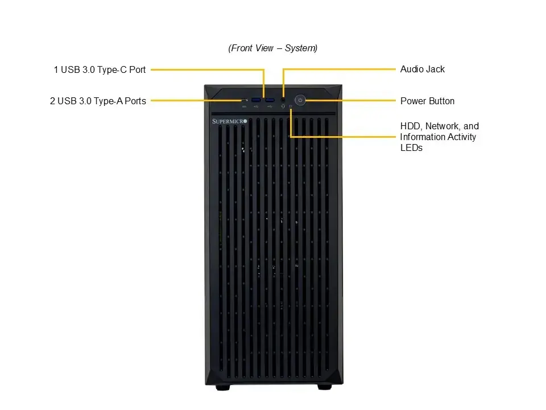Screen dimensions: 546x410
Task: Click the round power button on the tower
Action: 300,100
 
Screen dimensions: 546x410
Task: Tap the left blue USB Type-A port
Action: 256,100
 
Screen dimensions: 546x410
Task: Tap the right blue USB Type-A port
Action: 270,100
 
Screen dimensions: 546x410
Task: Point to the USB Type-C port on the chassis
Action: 245,101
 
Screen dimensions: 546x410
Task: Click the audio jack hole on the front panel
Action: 283,100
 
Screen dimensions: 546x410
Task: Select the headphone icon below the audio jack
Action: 283,106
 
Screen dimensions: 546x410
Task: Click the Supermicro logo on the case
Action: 229,121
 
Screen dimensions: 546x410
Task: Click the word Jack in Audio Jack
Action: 433,69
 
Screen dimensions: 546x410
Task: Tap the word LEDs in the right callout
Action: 411,148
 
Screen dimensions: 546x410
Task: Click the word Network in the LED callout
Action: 443,126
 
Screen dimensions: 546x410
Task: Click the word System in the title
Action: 300,48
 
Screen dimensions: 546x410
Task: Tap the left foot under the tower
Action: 223,387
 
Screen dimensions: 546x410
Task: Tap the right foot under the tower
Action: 325,387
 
